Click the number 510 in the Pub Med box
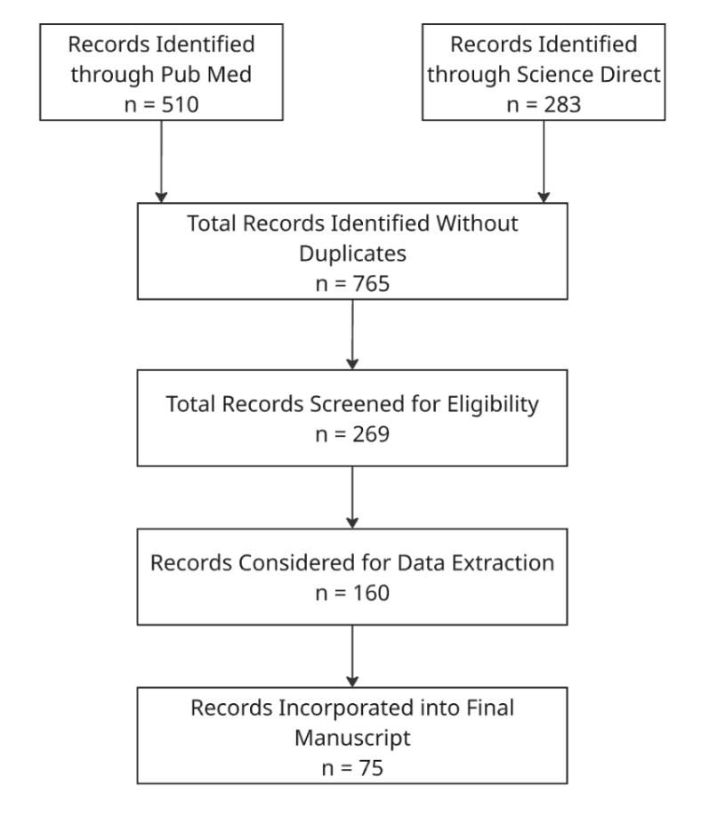[180, 105]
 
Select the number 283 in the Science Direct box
[562, 105]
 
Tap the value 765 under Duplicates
[371, 284]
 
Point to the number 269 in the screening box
[371, 434]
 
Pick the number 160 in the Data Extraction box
[371, 594]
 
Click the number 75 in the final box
[371, 769]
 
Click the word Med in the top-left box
[230, 75]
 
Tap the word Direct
[630, 75]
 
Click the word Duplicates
[352, 254]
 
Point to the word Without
[477, 223]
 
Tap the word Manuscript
[352, 739]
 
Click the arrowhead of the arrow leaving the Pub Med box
[161, 198]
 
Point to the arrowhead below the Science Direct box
[544, 198]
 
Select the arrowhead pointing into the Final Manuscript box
[352, 682]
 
